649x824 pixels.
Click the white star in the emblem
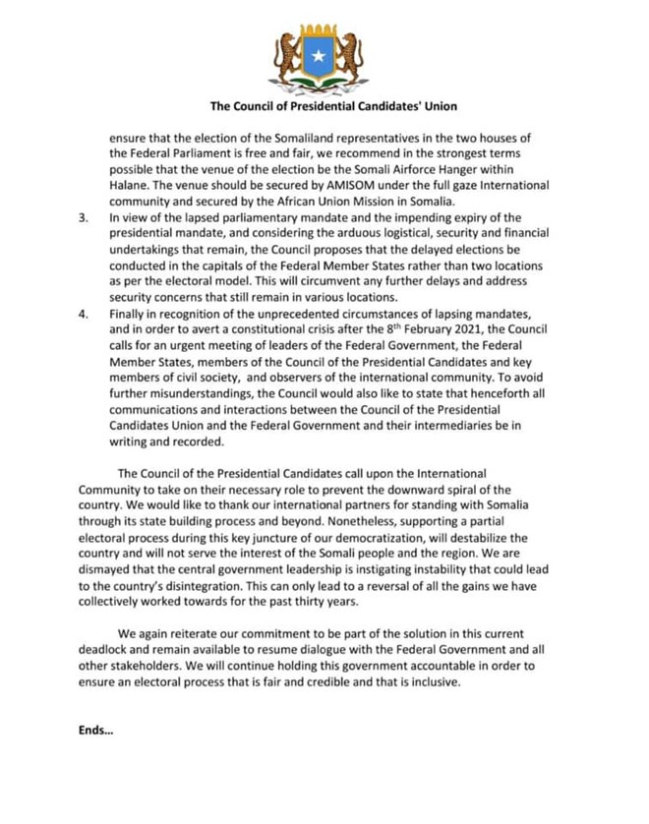click(x=318, y=56)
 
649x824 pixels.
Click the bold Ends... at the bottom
click(x=95, y=729)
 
